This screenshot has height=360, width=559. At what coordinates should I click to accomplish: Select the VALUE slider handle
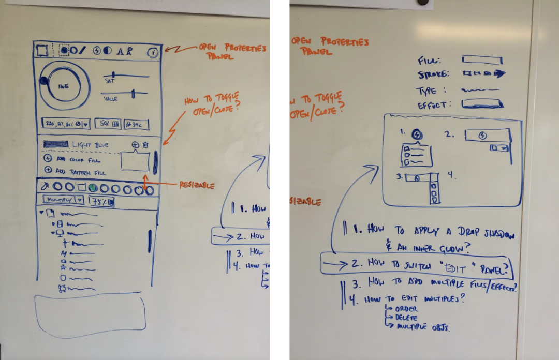point(134,94)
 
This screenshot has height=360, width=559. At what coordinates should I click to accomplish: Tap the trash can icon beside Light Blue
point(146,145)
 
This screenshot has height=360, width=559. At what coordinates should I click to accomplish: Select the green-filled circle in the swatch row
point(93,188)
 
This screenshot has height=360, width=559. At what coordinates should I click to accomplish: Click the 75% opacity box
point(102,201)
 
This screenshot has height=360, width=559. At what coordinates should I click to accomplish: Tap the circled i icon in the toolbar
point(152,52)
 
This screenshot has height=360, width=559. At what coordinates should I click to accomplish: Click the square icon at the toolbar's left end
point(42,51)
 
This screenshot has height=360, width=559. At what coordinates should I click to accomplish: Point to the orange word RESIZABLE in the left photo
point(197,185)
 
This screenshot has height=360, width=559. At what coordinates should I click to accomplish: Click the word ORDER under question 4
point(406,309)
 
